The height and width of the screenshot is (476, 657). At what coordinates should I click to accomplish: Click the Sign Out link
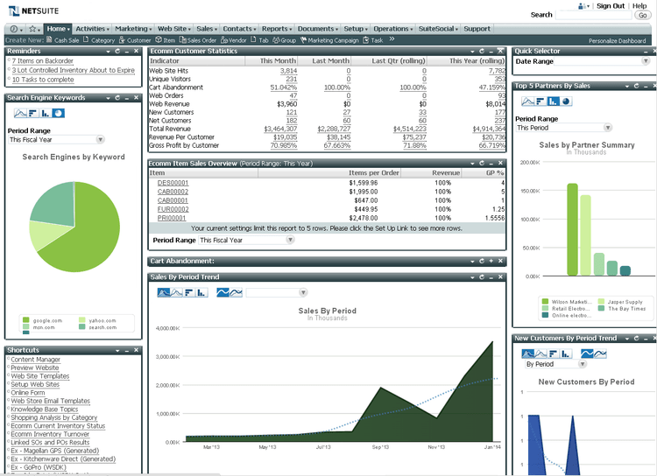pos(611,6)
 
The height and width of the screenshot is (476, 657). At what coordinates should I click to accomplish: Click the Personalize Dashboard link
pos(618,40)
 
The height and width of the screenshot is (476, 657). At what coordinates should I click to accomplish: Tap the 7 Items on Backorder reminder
pos(41,61)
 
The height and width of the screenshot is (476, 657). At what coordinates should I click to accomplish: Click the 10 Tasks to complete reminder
pos(43,80)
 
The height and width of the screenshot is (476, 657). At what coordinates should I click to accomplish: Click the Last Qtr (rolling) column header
pos(399,61)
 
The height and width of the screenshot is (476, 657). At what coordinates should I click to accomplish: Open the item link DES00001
pos(173,183)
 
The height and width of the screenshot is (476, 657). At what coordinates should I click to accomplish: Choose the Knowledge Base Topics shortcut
pos(44,409)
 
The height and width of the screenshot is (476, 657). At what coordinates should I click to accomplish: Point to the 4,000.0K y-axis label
pos(166,329)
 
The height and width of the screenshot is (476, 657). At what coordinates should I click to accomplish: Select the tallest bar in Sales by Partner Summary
pos(572,230)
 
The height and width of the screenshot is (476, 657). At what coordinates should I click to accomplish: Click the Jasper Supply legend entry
pos(625,302)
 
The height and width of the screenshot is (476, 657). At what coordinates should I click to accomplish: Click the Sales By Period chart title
pos(327,311)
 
